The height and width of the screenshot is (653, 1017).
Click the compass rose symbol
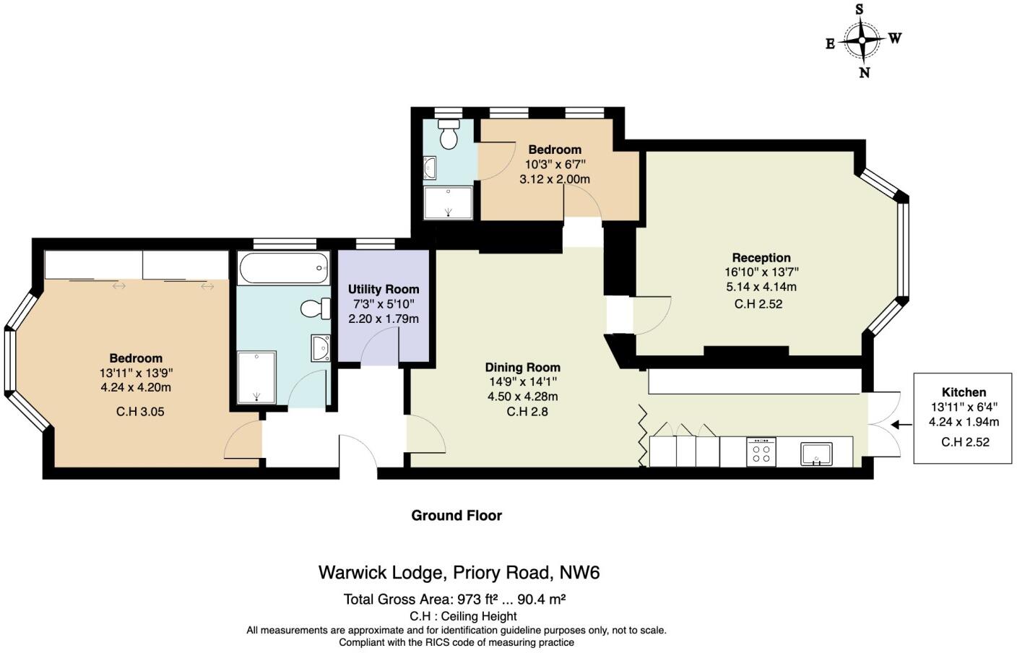pos(863,40)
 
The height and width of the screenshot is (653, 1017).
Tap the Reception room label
pos(761,258)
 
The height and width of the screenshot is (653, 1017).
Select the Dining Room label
pos(522,367)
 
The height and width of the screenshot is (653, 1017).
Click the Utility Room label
pos(383,289)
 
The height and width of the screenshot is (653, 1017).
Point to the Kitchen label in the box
pos(964,392)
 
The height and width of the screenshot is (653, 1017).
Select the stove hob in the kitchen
pos(761,451)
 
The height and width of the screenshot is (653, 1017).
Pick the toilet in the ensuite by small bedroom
pos(449,135)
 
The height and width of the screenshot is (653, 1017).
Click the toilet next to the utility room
pos(313,309)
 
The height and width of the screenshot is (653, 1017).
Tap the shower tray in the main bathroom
pos(256,376)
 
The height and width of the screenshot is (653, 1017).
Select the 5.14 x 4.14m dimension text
pos(761,287)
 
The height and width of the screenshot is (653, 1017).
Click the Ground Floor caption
pos(456,515)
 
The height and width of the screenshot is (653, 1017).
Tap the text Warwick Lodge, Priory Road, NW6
pos(459,573)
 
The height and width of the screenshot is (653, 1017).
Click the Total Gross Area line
pos(454,599)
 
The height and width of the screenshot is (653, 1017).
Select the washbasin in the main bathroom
pos(320,348)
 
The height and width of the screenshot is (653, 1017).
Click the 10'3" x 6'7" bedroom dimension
pos(555,165)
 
